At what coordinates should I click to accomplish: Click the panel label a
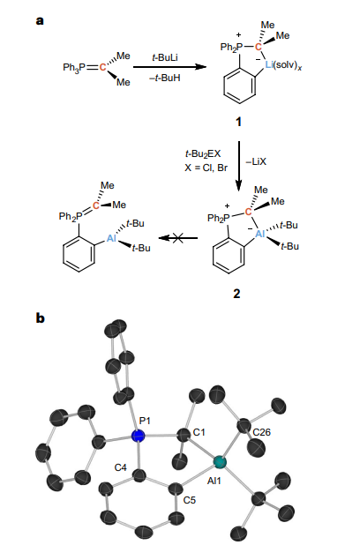tap(40, 21)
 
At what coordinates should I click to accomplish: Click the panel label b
tap(41, 317)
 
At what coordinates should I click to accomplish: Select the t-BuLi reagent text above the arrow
tap(165, 57)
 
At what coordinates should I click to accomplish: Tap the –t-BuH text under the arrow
tap(165, 78)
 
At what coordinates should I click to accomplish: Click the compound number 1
tap(238, 122)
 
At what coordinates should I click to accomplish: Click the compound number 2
tap(236, 294)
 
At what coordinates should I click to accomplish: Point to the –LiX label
tap(256, 161)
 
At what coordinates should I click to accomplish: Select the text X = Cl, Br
tap(206, 168)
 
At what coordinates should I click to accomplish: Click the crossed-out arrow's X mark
tap(177, 238)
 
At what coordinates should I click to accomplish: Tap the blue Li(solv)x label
tap(283, 65)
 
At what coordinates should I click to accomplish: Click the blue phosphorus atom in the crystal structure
tap(139, 436)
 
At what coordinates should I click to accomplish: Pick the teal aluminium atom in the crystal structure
tap(220, 462)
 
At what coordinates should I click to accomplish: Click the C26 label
tap(261, 432)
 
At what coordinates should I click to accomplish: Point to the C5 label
tap(190, 500)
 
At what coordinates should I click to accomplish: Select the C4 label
tap(121, 468)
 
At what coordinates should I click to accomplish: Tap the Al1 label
tap(214, 481)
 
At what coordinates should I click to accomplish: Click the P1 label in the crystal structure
tap(145, 421)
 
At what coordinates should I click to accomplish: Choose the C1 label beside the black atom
tap(199, 432)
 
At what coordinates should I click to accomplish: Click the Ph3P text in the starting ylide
tap(74, 67)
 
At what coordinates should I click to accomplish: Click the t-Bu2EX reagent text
tap(203, 153)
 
